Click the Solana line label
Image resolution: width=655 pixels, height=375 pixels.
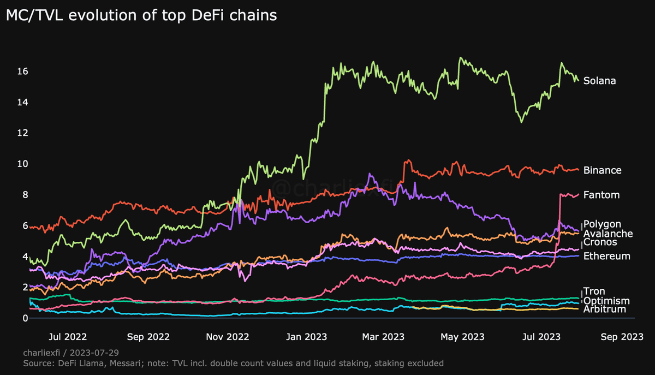point(599,81)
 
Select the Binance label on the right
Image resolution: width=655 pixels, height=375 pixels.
point(602,170)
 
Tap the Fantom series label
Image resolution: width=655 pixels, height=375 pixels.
point(602,195)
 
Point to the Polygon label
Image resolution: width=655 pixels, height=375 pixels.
point(602,224)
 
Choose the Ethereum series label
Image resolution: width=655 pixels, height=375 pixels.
point(607,256)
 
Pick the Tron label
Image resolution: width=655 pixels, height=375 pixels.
point(594,291)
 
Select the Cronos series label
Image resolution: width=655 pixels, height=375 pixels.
point(600,242)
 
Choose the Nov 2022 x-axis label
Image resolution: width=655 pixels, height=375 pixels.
point(227,337)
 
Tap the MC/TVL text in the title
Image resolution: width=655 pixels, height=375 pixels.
point(28,16)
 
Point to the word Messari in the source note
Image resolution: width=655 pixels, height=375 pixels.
point(123,363)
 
